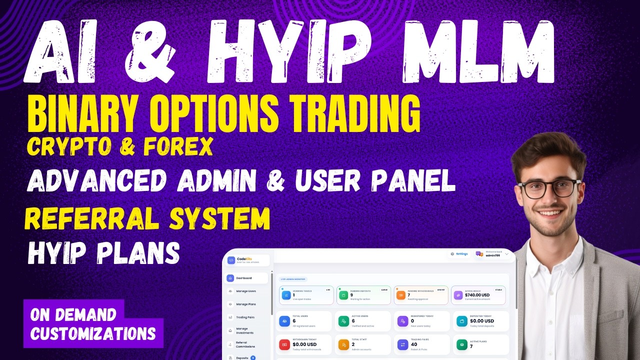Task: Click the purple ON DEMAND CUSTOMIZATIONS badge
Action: (x=93, y=324)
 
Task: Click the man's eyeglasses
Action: (x=549, y=188)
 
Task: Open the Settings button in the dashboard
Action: (x=459, y=253)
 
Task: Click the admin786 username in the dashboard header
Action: (x=493, y=255)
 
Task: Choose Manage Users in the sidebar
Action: (x=245, y=291)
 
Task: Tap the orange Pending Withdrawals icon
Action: (x=401, y=295)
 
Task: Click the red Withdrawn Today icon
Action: (x=284, y=344)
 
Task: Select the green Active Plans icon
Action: (x=461, y=344)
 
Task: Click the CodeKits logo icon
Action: (x=231, y=260)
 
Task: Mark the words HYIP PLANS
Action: (x=103, y=253)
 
